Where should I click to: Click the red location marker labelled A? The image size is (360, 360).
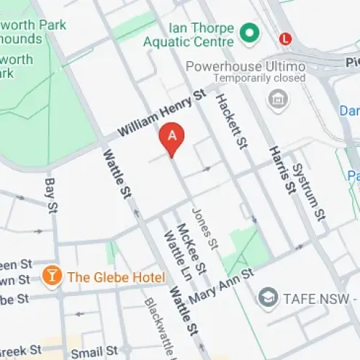[172, 137]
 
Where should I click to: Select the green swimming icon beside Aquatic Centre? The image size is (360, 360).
[250, 32]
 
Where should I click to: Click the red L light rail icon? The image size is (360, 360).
[287, 37]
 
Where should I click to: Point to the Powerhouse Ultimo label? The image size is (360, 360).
[245, 66]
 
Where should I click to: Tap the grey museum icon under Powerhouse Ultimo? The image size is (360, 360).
[276, 99]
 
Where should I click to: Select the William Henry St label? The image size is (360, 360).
[161, 114]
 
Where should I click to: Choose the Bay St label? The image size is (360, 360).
[51, 196]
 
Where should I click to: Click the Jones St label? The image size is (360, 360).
[204, 228]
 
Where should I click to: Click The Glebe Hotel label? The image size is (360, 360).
[116, 277]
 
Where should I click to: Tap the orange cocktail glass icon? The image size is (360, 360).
[52, 276]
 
